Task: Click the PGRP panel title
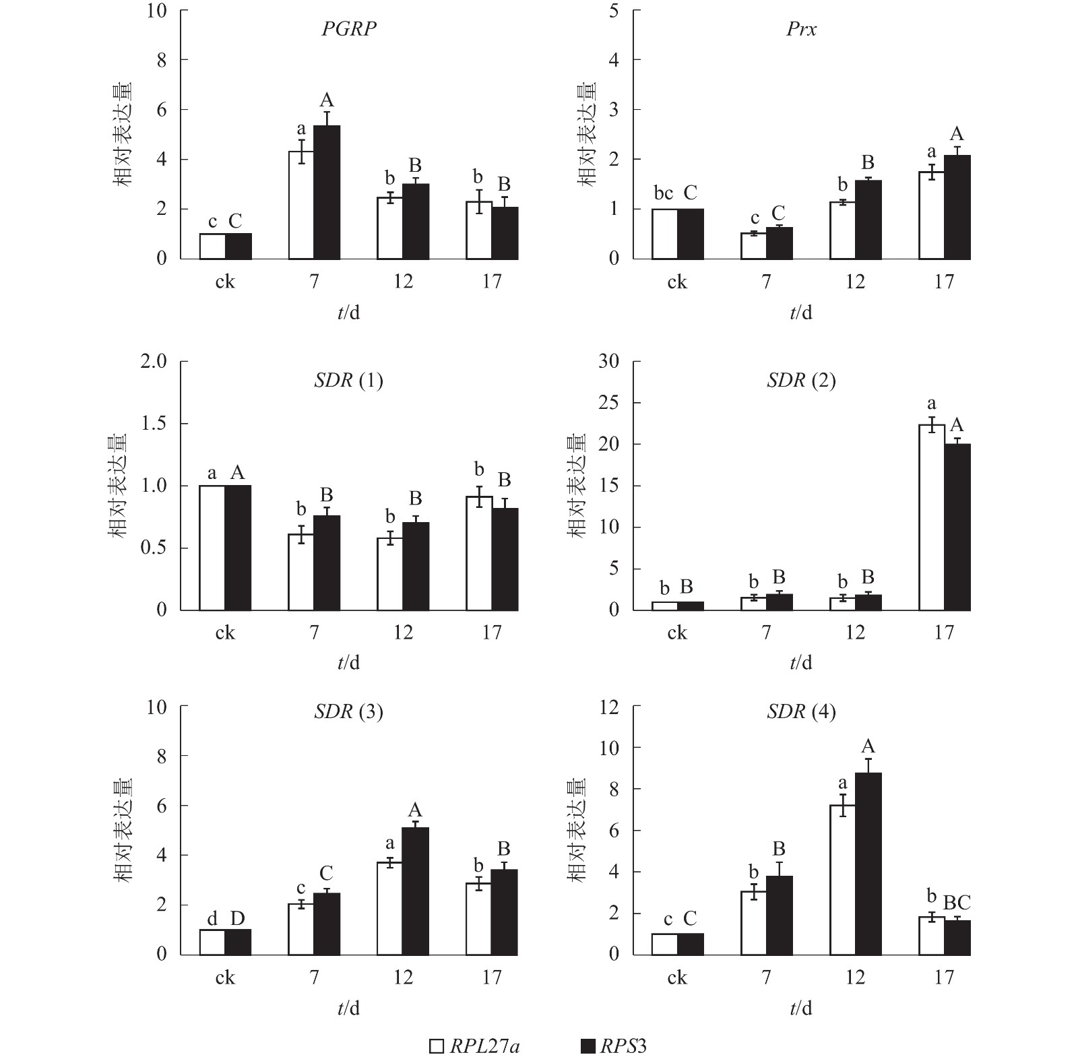point(348,29)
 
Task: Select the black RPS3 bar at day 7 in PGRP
point(327,192)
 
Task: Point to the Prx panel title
point(801,29)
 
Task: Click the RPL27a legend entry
point(476,1046)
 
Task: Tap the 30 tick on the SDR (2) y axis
point(608,362)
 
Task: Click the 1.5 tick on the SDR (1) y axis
point(153,424)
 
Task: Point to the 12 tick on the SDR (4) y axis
point(608,707)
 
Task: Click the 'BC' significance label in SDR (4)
point(956,903)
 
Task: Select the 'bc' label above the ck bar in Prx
point(664,194)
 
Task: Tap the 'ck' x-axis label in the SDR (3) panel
point(225,977)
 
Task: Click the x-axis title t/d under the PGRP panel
point(348,313)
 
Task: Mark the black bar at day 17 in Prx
point(957,207)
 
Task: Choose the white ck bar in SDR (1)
point(212,548)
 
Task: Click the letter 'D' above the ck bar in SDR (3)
point(237,918)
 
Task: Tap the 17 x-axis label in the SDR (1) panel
point(491,633)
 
